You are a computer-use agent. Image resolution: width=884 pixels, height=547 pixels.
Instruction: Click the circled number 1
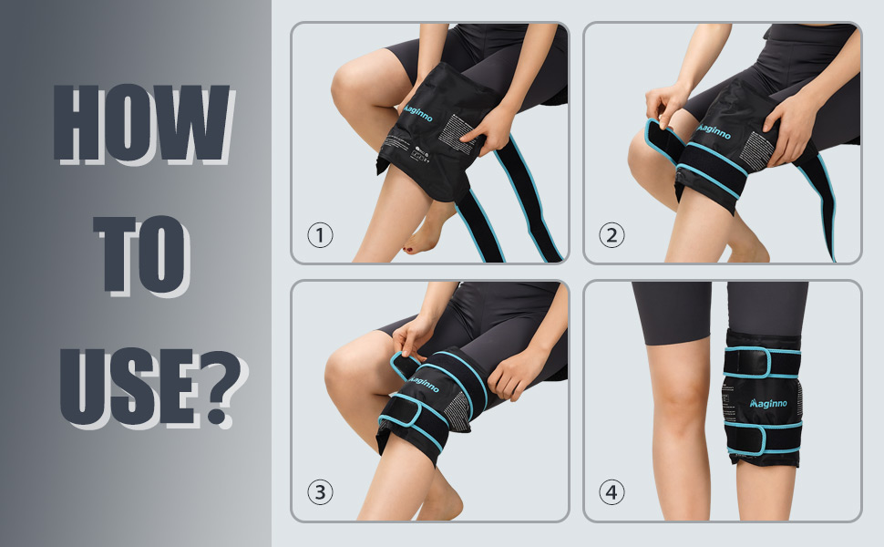[x=320, y=235]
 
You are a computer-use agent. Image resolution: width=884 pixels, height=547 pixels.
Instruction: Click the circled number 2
[x=612, y=235]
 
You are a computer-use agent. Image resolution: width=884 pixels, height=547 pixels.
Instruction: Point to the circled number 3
[x=320, y=493]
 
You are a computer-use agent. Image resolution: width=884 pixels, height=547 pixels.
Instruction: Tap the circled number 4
[x=612, y=493]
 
